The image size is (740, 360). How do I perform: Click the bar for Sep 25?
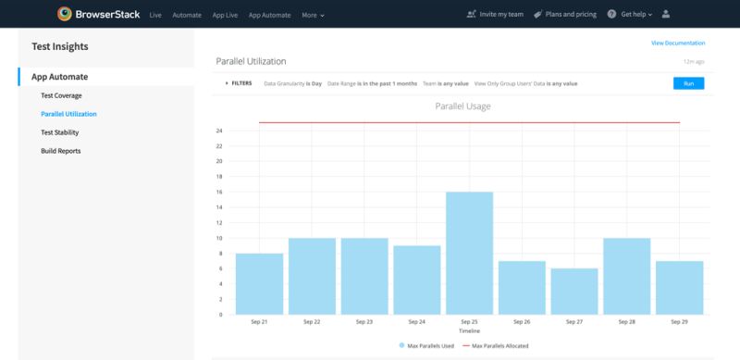(469, 253)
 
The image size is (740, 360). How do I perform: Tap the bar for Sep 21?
(259, 283)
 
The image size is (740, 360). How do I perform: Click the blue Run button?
(688, 83)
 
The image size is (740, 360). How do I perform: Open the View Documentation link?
(678, 43)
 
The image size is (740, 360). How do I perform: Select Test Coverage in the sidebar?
(61, 95)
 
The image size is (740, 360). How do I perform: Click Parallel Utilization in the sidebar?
(68, 114)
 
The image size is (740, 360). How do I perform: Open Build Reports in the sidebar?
(60, 150)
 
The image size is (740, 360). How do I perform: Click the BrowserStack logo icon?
(64, 14)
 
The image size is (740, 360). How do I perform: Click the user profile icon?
(666, 15)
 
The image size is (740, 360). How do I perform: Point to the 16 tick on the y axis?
(219, 192)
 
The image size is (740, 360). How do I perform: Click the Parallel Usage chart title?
(462, 106)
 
